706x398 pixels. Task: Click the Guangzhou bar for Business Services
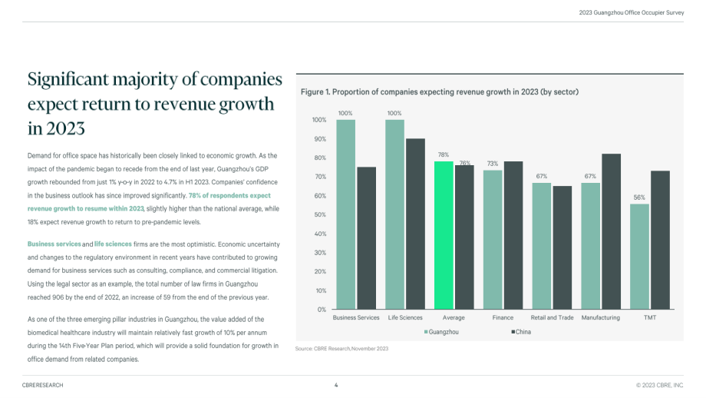tap(346, 214)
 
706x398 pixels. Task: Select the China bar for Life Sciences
tap(415, 224)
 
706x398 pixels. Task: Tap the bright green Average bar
tap(444, 235)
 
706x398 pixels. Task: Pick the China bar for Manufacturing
tap(611, 232)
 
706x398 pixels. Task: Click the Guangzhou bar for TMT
tap(639, 257)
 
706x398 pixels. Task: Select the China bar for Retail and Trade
tap(562, 247)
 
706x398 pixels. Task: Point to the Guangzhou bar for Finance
tap(493, 240)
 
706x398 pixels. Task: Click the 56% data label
tap(639, 197)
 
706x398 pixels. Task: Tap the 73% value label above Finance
tap(493, 164)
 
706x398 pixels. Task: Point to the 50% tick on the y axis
tap(320, 214)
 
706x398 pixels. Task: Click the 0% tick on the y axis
tap(322, 310)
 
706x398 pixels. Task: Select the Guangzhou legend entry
tap(441, 332)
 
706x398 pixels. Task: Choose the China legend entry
tap(521, 332)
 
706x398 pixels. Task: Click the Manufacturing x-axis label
tap(601, 318)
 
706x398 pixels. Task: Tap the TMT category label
tap(650, 318)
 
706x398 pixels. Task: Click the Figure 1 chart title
tap(440, 92)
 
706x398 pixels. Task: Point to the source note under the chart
tap(341, 348)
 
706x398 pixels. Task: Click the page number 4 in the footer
tap(336, 385)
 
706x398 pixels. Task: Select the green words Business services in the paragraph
tap(54, 244)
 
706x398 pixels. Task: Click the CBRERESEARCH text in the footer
tap(43, 385)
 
